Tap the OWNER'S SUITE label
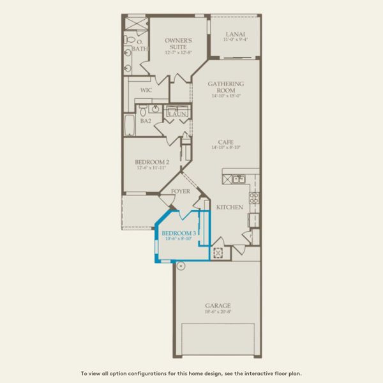[178, 43]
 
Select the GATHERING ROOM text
[226, 87]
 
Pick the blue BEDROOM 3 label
[178, 234]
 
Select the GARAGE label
[218, 306]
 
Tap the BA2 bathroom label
[145, 121]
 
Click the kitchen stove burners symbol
[253, 198]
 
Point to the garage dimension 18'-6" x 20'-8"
[218, 312]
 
